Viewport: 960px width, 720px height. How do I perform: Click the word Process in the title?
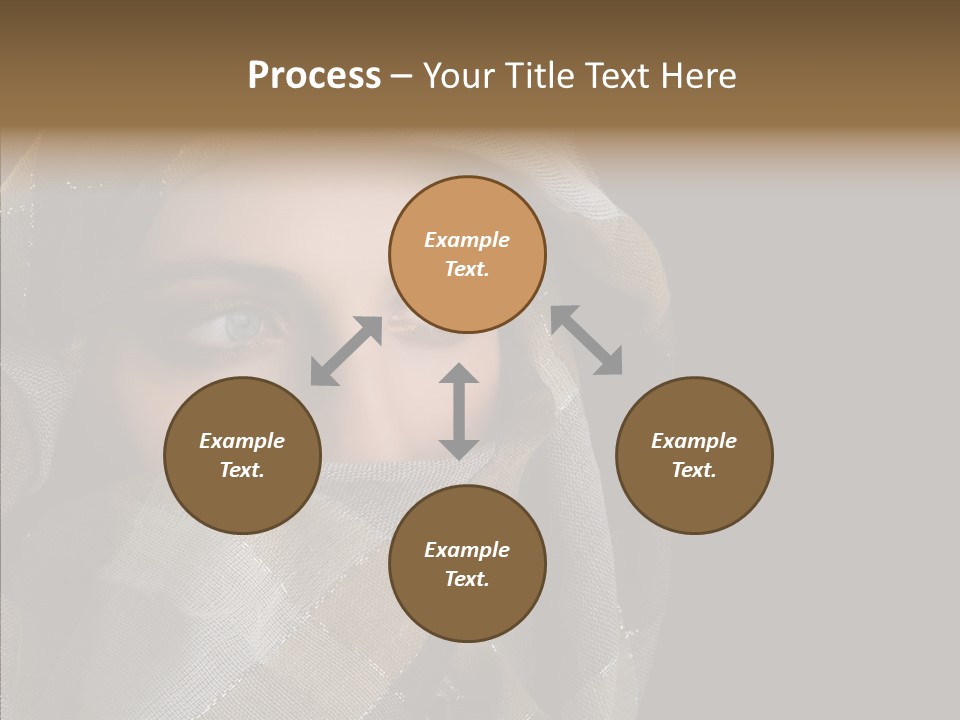click(x=314, y=76)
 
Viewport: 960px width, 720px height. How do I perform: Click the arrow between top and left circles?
click(x=346, y=351)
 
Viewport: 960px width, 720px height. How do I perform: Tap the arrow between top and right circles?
click(x=587, y=340)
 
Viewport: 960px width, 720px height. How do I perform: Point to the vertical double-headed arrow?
click(x=459, y=411)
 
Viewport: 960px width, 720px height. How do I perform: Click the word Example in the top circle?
click(x=467, y=240)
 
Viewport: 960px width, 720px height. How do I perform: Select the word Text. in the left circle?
click(x=242, y=470)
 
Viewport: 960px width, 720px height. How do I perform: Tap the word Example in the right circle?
click(x=694, y=441)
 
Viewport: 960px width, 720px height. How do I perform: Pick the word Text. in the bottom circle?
click(x=467, y=579)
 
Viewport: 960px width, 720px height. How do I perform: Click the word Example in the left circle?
click(x=242, y=441)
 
